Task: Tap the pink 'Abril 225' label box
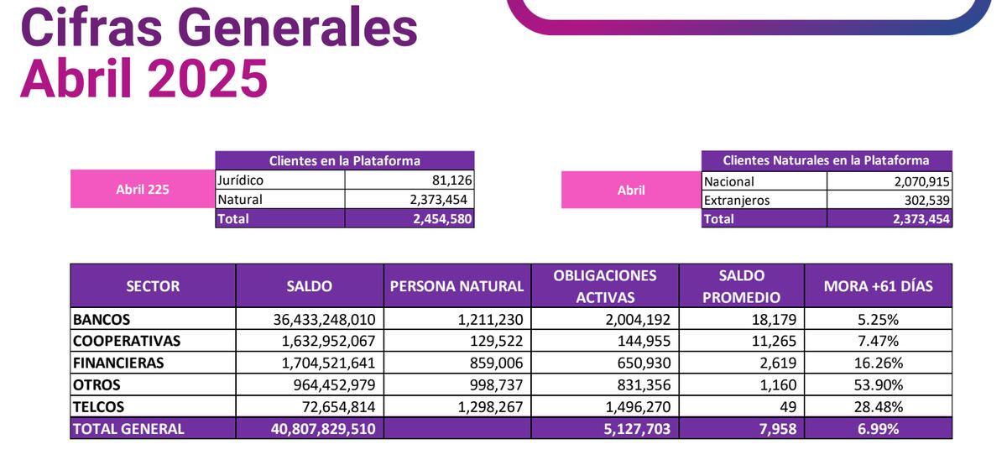(142, 189)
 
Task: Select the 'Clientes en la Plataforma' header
(344, 160)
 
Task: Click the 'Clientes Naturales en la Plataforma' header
(826, 159)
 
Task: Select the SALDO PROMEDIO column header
(741, 286)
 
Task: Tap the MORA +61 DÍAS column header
(878, 286)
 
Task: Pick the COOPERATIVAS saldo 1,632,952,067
(324, 341)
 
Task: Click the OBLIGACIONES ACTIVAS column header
(604, 286)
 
